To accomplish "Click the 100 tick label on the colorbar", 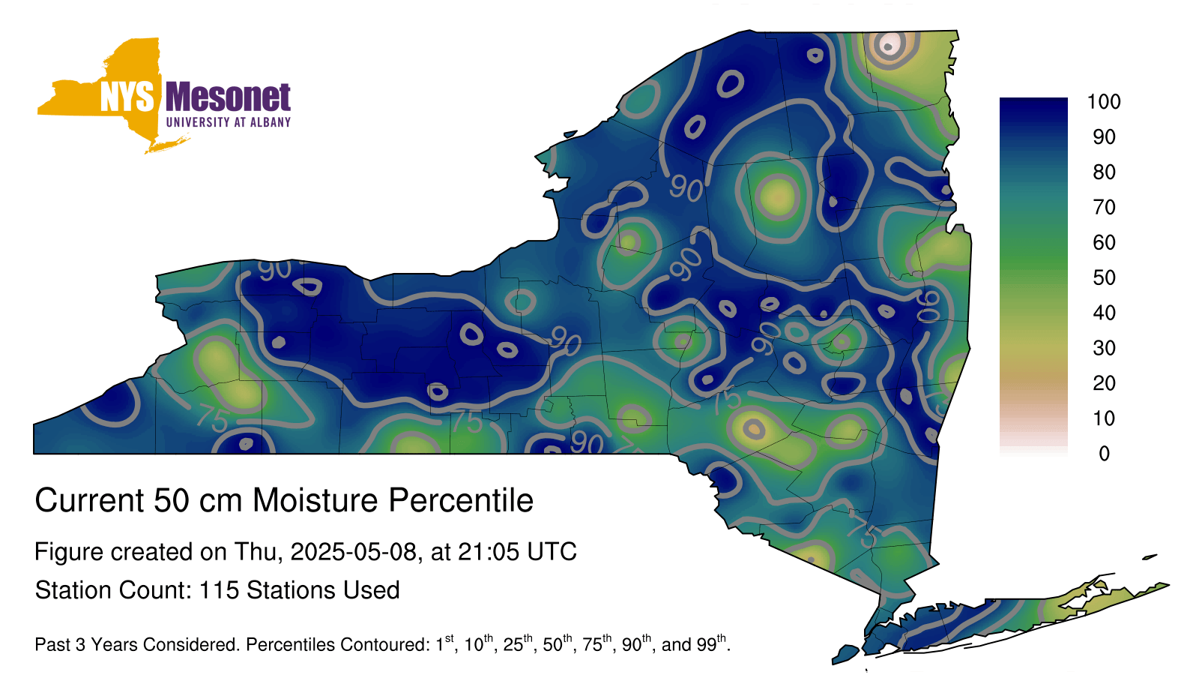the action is click(x=1104, y=101).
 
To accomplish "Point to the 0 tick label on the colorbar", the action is click(x=1104, y=454).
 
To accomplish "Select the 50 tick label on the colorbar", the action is click(x=1104, y=277).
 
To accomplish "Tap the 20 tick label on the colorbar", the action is click(x=1104, y=383).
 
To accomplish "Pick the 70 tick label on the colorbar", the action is click(x=1104, y=207).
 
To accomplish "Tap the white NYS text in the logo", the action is click(x=127, y=97).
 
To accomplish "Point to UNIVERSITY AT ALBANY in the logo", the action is click(x=229, y=122).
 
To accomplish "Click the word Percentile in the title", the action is click(x=461, y=500).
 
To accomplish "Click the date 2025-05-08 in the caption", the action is click(x=353, y=552).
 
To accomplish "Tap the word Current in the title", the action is click(x=89, y=500).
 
